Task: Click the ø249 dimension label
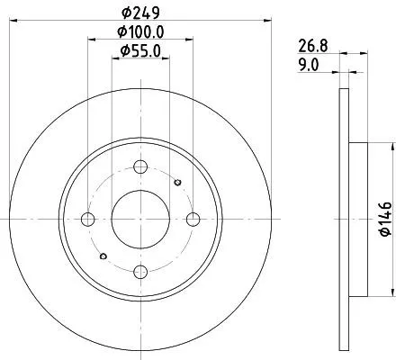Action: tap(140, 13)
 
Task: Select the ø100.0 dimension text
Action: tap(140, 33)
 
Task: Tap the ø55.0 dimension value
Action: tap(140, 52)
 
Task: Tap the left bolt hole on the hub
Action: tap(87, 219)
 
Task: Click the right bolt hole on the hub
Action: tap(193, 219)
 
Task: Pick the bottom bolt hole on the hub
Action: tap(139, 271)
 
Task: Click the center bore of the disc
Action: tap(139, 219)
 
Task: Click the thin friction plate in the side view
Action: tap(343, 219)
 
